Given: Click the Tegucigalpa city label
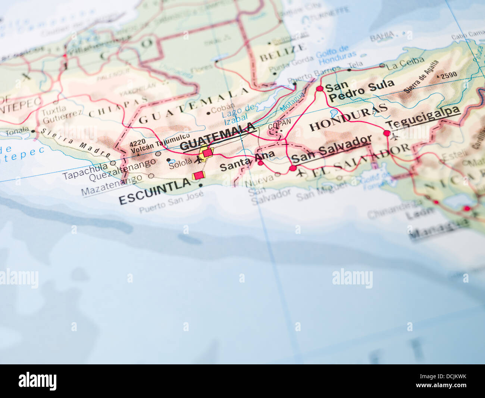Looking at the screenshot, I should click(423, 118).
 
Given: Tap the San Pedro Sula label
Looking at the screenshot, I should click(360, 90).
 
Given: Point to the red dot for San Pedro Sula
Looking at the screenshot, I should click(319, 89).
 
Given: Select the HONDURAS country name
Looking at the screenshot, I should click(348, 117).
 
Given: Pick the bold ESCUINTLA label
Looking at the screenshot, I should click(154, 191).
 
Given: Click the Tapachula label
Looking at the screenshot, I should click(85, 171).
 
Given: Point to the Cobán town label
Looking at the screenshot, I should click(223, 109).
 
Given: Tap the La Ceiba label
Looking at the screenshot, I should click(405, 64).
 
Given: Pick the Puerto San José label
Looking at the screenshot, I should click(171, 202).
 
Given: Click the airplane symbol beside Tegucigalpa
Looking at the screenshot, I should click(395, 136).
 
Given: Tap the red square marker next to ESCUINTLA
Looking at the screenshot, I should click(199, 175).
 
